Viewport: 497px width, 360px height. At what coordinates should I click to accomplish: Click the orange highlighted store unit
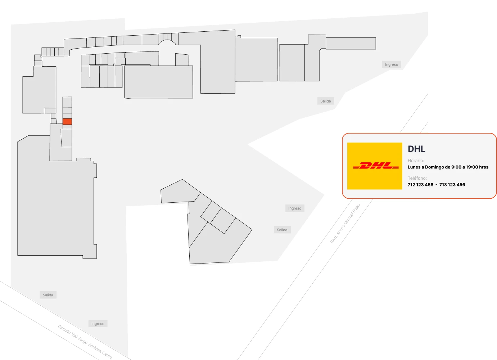coord(67,121)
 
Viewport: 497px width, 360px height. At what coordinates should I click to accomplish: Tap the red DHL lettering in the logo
coord(376,166)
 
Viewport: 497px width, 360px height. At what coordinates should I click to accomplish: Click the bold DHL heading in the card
coord(416,149)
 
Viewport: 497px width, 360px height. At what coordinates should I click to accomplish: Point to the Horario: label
coord(416,161)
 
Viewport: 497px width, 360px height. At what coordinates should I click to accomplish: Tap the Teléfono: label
coord(417,178)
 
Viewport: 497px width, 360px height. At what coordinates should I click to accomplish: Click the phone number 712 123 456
coord(420,185)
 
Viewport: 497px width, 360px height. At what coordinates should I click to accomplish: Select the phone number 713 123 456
coord(452,185)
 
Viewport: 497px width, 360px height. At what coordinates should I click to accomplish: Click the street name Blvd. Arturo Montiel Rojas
coord(345,224)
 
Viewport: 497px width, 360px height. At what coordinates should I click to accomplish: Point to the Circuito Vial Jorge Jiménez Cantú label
coord(85,342)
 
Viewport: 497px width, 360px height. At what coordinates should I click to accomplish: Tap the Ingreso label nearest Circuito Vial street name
coord(98,324)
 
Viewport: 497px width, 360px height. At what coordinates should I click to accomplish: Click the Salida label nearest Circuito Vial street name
coord(48,295)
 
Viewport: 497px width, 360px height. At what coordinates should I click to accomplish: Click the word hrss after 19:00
coord(484,167)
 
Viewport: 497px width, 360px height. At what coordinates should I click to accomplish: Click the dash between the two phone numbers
coord(437,185)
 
